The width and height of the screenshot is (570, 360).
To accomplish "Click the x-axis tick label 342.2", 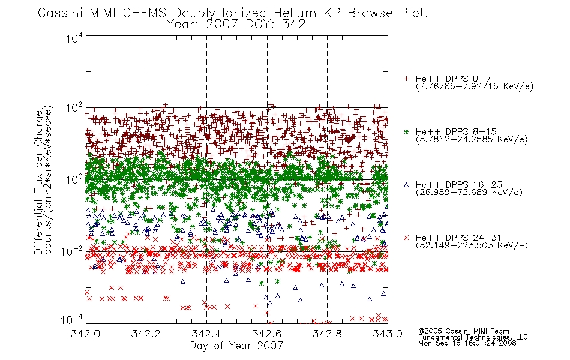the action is pos(146,334).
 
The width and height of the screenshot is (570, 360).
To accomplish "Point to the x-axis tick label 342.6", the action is pos(267,334).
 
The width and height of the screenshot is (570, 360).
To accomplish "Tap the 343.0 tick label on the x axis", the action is pos(388,334).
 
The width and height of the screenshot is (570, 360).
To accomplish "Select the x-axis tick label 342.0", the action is pos(85,334).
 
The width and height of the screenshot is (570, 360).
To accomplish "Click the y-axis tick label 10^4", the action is pos(74,38).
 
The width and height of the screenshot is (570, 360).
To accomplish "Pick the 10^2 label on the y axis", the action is pos(74,108).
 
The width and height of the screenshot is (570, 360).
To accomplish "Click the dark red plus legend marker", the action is pos(406,79).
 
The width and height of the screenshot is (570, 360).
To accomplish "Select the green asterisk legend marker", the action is pos(406,131).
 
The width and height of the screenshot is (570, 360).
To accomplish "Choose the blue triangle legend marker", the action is pos(406,185).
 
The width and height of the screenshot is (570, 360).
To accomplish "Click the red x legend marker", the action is pos(406,238).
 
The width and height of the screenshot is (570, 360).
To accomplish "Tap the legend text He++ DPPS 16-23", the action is pos(459,184).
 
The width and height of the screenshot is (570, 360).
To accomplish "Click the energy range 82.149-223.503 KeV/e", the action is pos(472,245).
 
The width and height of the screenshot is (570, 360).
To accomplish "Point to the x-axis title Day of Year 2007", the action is pos(236,346).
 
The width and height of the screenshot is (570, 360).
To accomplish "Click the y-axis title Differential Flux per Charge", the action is pos(38,182).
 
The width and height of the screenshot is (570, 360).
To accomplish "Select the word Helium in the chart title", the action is pos(295,13).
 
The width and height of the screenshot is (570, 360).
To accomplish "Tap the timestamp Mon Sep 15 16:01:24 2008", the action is pos(467,343).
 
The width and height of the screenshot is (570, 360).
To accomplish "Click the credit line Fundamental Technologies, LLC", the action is pos(473,337).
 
